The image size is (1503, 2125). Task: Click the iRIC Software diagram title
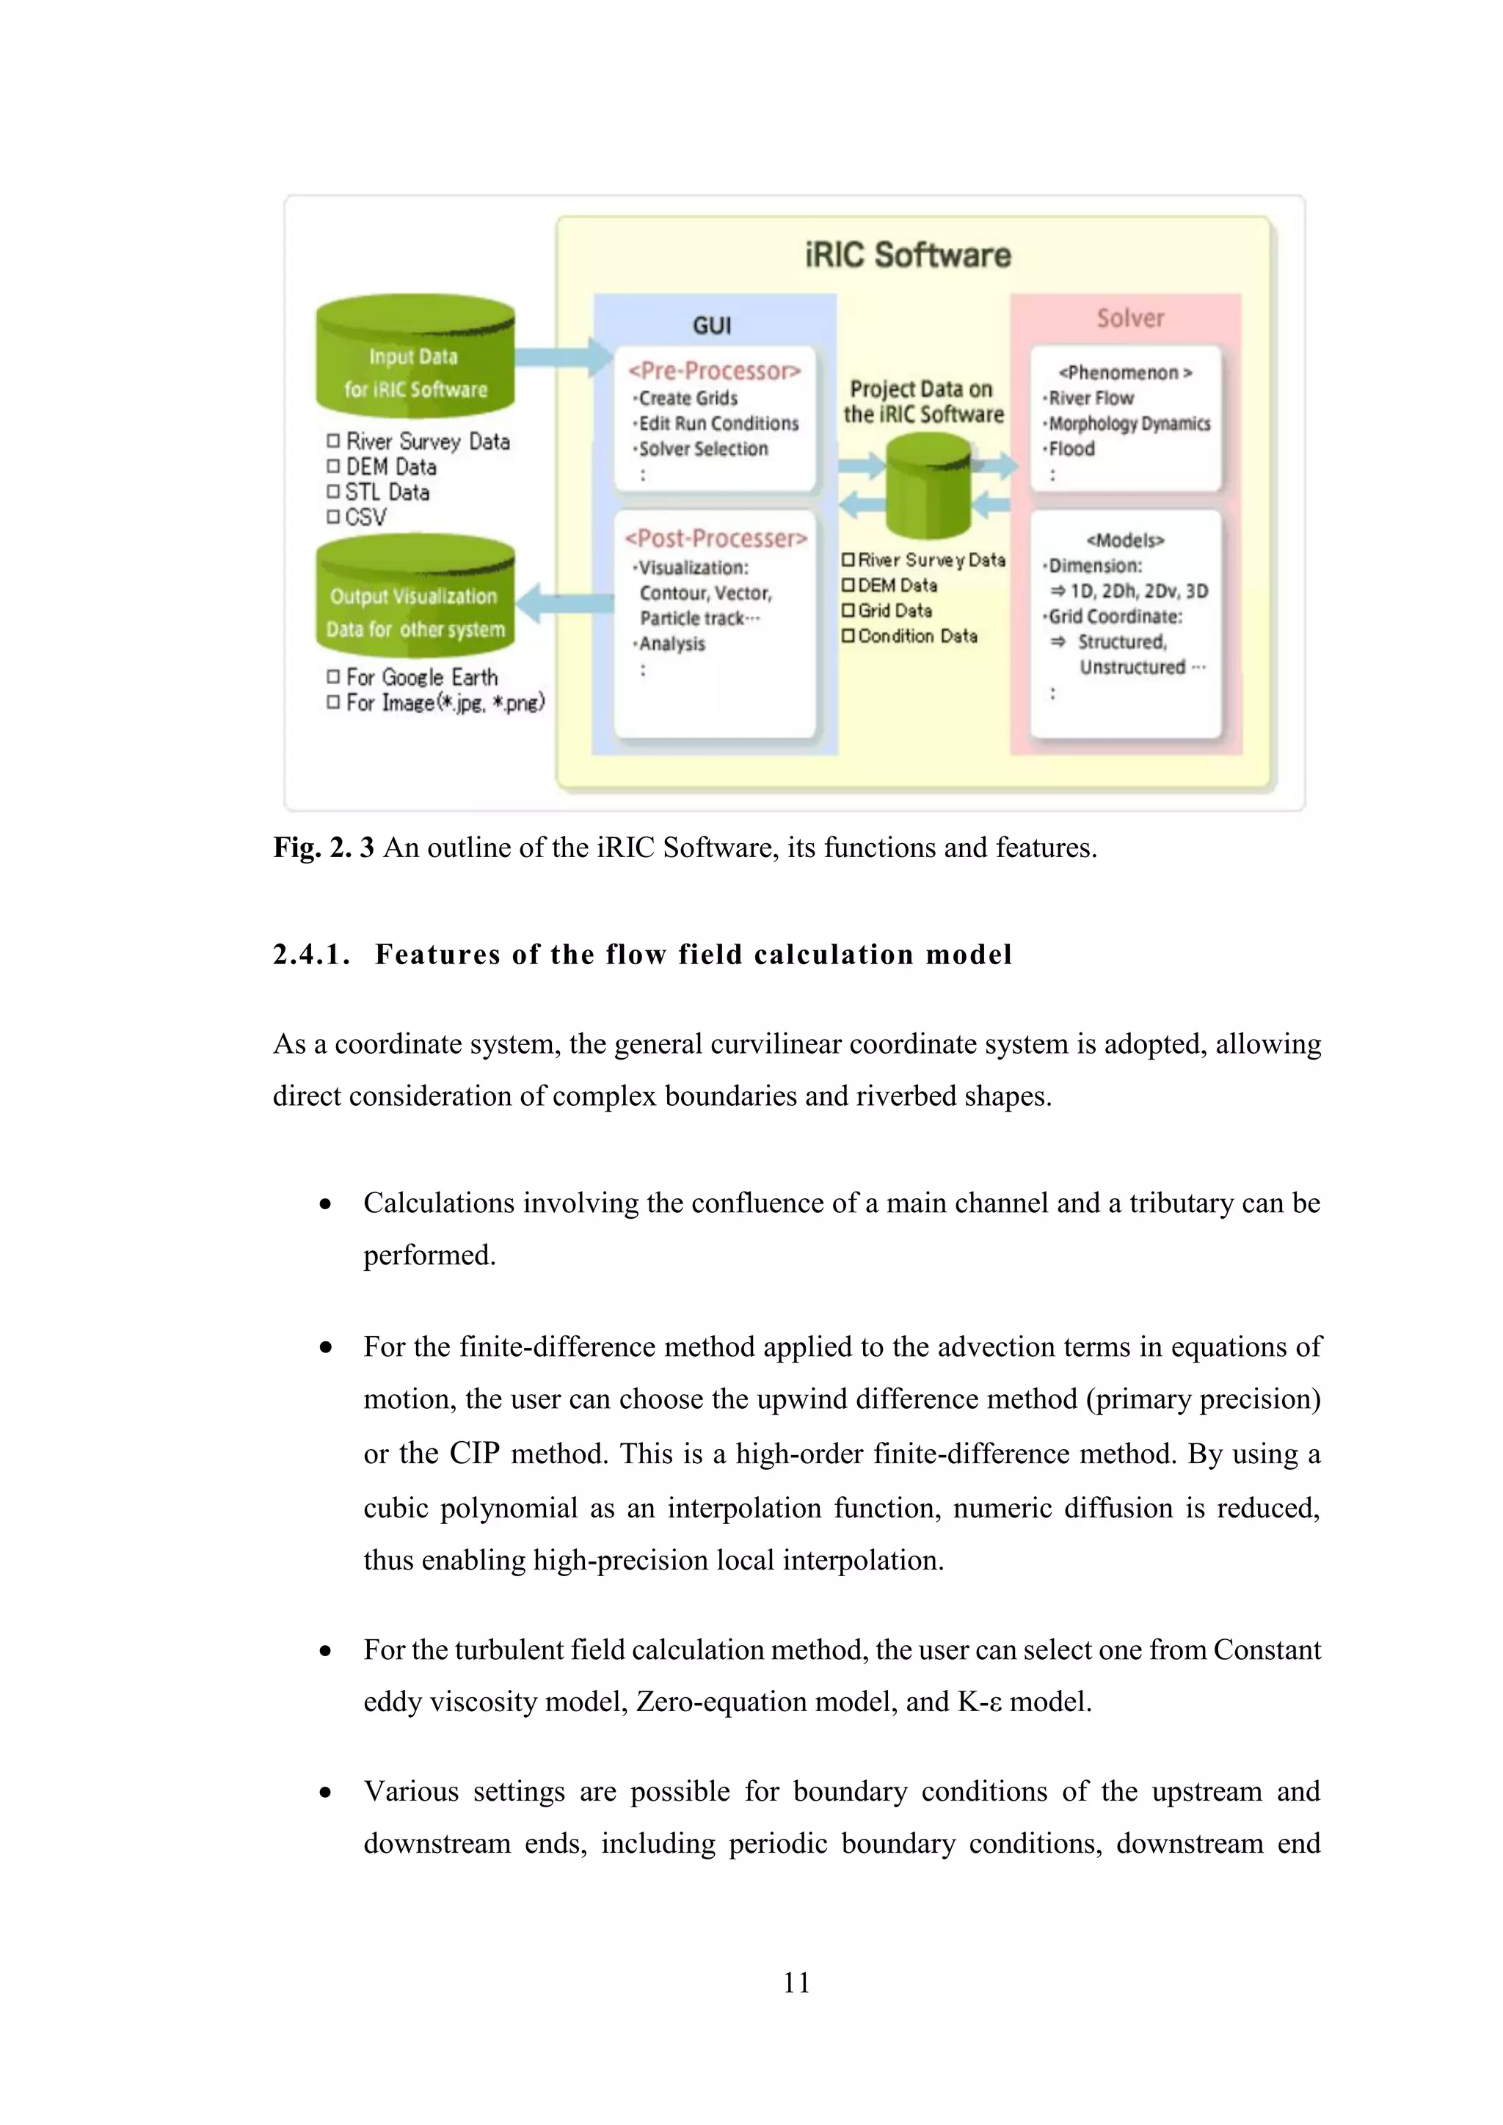907,255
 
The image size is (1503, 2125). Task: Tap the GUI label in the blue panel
712,325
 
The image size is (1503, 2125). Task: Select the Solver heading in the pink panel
1129,318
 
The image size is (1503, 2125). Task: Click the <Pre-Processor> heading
713,371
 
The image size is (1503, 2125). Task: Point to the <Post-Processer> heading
716,539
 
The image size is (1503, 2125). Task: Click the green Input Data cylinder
415,361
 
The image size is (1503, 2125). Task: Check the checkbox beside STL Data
333,492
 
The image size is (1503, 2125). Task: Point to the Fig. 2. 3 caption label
323,847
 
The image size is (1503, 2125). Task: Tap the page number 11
796,1983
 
